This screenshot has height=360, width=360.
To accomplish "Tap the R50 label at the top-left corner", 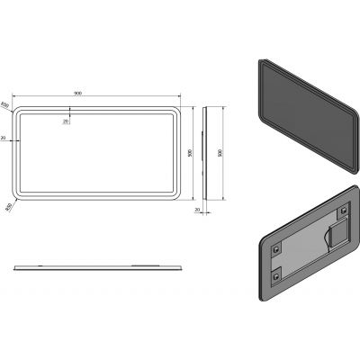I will (5, 105).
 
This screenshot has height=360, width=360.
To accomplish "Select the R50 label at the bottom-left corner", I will (8, 207).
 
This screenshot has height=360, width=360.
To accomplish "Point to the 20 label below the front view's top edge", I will (66, 121).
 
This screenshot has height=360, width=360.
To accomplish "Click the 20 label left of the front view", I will (4, 138).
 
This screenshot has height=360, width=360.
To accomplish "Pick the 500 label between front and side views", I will (190, 152).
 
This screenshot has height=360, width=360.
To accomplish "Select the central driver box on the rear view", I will (335, 237).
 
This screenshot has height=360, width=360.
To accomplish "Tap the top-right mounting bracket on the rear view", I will (343, 212).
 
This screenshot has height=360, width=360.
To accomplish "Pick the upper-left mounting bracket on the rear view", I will (277, 244).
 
